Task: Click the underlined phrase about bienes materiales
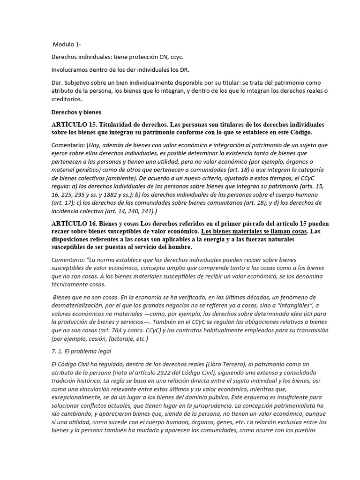[x=254, y=232]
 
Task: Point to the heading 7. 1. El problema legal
[x=81, y=351]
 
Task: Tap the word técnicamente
[x=70, y=285]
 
